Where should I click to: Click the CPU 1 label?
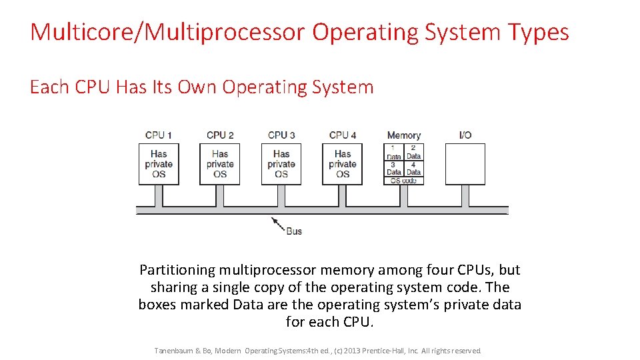(159, 135)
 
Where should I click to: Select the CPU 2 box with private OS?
(220, 164)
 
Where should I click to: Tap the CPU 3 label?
(281, 135)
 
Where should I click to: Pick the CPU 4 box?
(343, 164)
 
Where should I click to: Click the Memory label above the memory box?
(404, 135)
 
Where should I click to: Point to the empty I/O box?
(465, 164)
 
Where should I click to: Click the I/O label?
(465, 135)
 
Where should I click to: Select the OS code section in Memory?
(404, 181)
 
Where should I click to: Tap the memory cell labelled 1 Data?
(394, 152)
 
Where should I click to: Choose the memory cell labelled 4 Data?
(414, 168)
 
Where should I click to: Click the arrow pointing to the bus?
(277, 223)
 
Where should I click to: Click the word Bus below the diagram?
(294, 231)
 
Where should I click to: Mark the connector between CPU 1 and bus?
(159, 195)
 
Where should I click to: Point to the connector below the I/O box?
(465, 195)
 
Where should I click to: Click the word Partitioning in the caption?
(177, 270)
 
